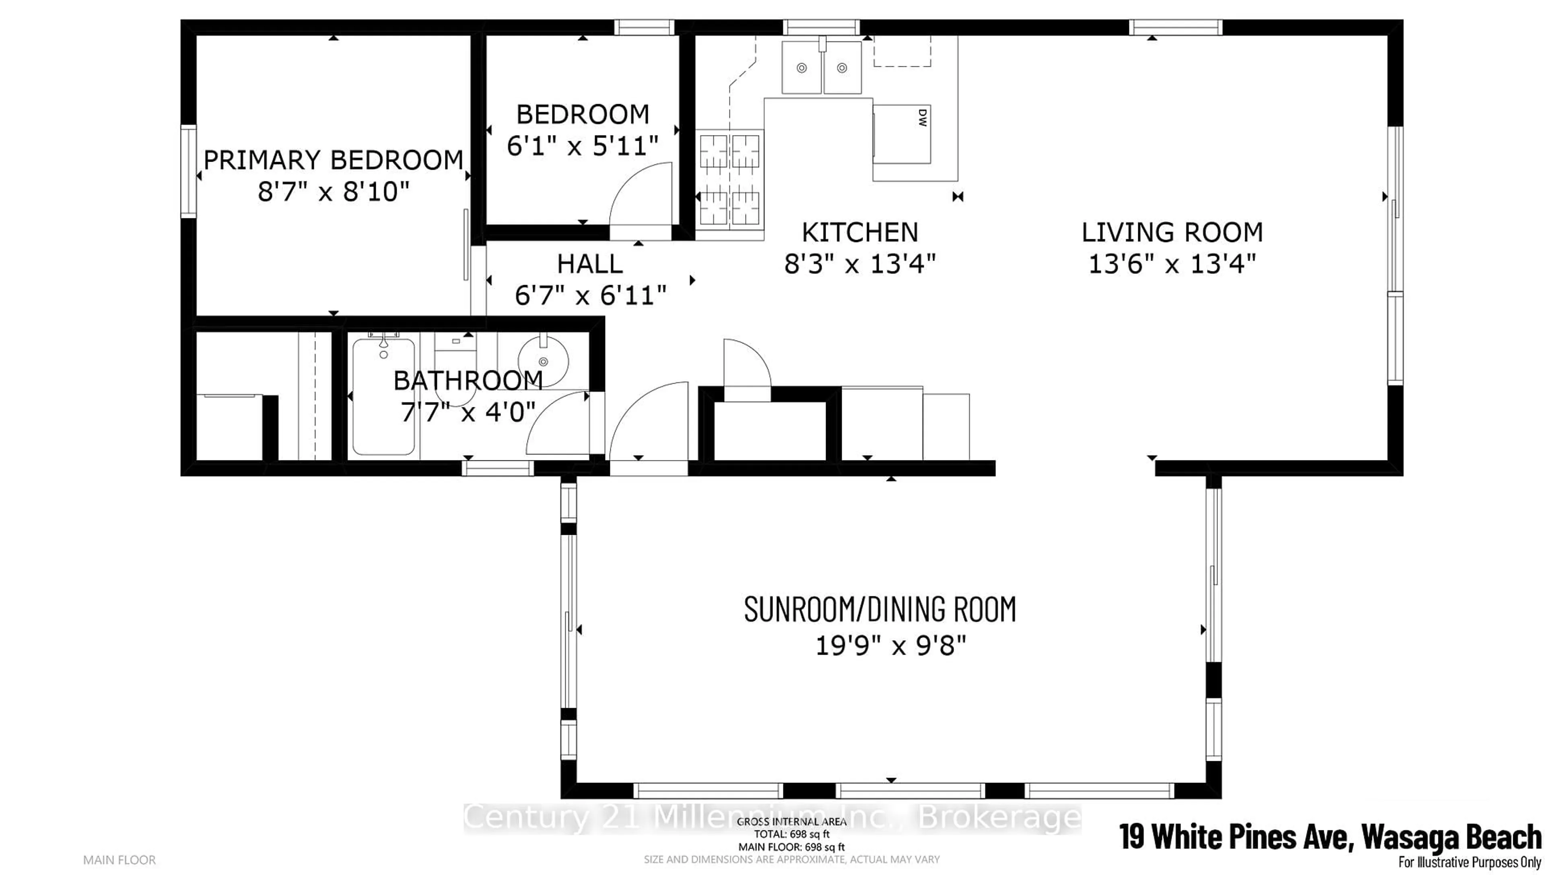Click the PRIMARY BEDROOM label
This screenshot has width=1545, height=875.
pyautogui.click(x=334, y=160)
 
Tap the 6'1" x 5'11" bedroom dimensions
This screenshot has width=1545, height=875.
pyautogui.click(x=583, y=146)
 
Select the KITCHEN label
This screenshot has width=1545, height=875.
pyautogui.click(x=860, y=232)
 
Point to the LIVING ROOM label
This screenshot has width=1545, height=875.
pyautogui.click(x=1172, y=232)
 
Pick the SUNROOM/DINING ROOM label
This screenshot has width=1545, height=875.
pyautogui.click(x=880, y=609)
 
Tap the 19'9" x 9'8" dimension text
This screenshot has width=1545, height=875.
pyautogui.click(x=890, y=647)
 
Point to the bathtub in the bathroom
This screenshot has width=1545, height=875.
pyautogui.click(x=383, y=396)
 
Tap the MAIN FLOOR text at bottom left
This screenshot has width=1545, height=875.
pyautogui.click(x=119, y=861)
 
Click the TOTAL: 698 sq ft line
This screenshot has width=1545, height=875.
pyautogui.click(x=792, y=834)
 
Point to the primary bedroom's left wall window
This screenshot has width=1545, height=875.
pyautogui.click(x=189, y=171)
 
